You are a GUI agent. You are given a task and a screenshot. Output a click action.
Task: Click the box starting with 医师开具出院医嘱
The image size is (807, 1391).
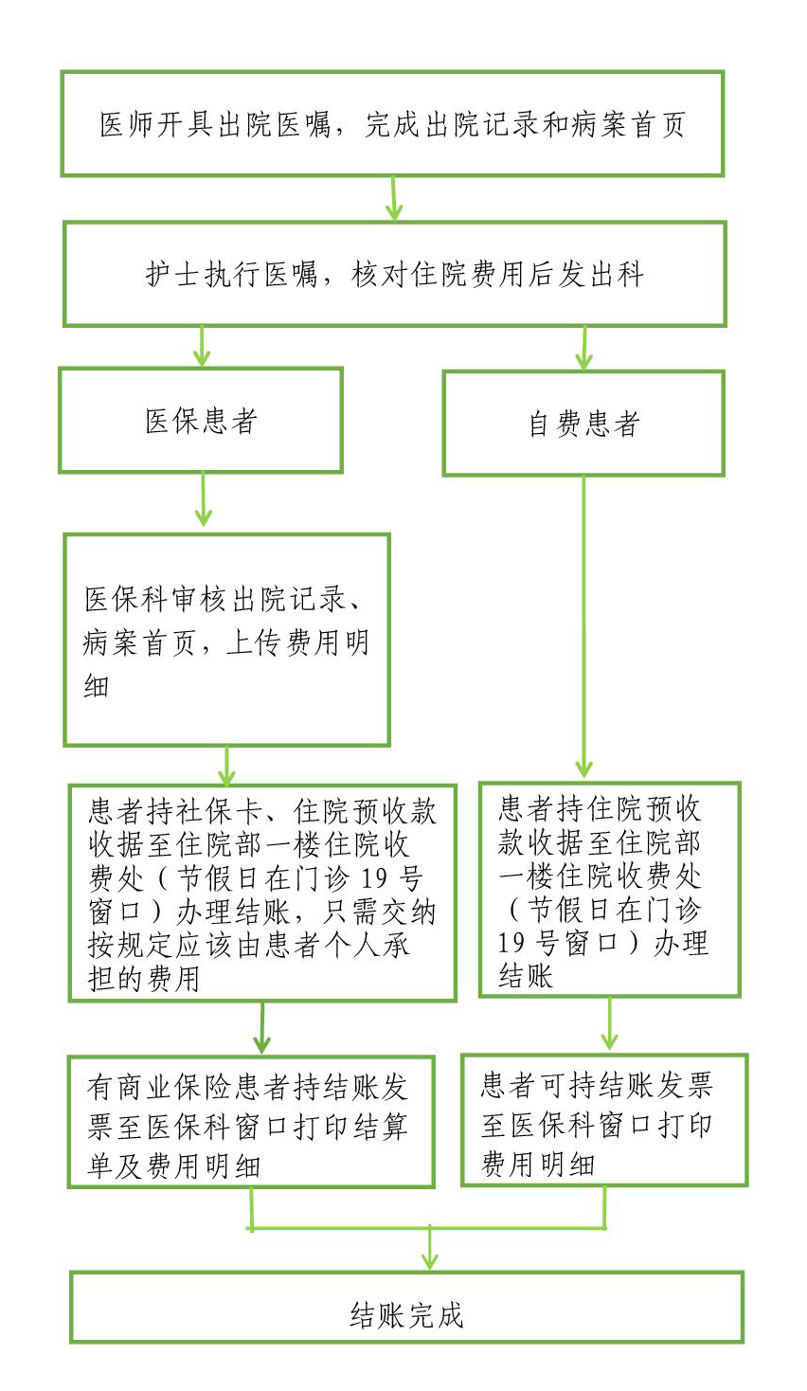click(392, 123)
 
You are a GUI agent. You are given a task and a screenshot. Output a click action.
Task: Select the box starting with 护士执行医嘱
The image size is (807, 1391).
click(394, 274)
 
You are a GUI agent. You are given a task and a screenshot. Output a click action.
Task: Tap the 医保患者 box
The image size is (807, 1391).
click(201, 421)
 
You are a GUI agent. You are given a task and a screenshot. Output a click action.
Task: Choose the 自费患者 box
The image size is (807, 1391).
click(583, 424)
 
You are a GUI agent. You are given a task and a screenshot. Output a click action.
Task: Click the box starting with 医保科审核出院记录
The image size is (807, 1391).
click(227, 641)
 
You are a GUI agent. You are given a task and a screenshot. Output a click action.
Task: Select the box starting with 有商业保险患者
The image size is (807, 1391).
click(251, 1122)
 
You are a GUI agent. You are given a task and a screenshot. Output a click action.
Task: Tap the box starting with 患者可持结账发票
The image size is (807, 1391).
click(604, 1120)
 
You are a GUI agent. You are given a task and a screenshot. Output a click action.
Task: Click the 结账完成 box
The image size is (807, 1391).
click(406, 1308)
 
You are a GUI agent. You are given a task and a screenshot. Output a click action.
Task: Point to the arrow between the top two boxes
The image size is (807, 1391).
click(393, 199)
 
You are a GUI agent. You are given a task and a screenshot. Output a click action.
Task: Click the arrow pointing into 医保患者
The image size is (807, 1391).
click(201, 348)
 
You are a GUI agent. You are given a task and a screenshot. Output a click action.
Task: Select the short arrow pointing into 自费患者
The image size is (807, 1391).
click(584, 350)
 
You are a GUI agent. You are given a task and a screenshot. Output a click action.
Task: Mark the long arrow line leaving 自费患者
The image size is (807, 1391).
click(583, 625)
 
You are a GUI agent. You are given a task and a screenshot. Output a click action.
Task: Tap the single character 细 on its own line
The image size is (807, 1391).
click(97, 685)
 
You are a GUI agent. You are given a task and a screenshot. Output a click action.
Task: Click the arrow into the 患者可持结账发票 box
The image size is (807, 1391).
click(609, 1025)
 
